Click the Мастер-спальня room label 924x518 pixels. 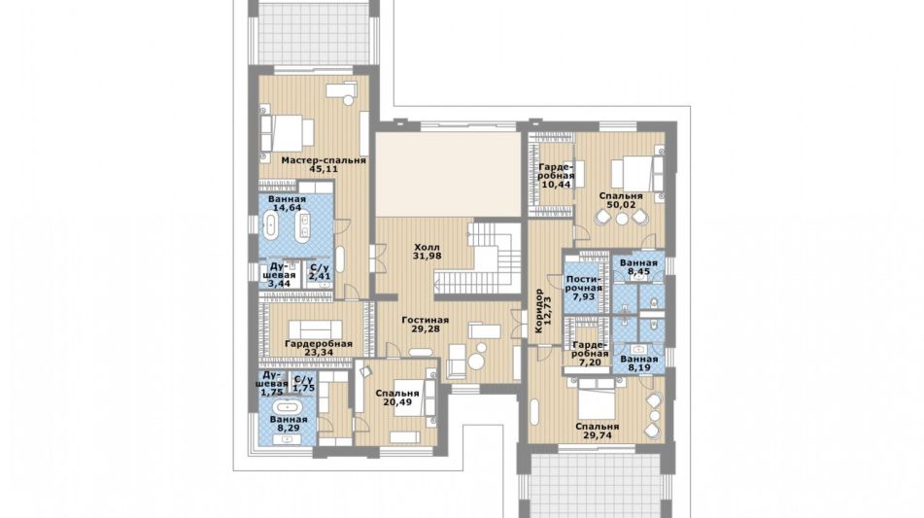324,160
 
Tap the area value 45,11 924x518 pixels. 324,169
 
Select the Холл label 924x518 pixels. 427,248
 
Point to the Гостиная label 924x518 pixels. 425,321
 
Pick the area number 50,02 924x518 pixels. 621,205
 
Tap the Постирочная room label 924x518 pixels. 583,284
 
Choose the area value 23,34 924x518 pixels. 319,353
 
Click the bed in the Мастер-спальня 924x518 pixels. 288,133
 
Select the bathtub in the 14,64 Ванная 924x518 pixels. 270,226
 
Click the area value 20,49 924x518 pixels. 397,402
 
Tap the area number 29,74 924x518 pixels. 597,436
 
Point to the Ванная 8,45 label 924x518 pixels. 638,267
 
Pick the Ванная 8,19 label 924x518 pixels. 638,363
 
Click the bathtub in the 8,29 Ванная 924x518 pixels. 287,406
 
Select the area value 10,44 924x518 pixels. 556,185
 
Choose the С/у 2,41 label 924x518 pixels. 320,271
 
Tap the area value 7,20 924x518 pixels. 590,363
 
